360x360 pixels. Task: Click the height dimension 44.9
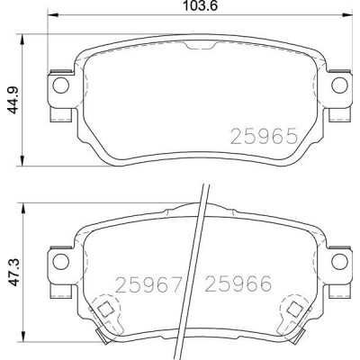coord(13,101)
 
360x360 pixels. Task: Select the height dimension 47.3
coord(13,273)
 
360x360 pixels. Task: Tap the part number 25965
coord(264,136)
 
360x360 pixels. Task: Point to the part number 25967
coord(149,284)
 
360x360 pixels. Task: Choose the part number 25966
coord(238,283)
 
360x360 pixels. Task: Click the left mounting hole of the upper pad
coord(60,85)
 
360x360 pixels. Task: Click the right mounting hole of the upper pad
coord(339,85)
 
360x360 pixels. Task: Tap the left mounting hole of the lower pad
coord(60,261)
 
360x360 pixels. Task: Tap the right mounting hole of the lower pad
coord(339,261)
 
